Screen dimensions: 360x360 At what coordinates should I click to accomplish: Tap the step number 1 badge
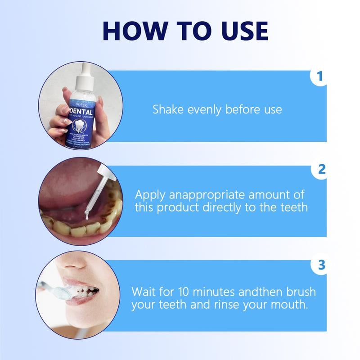tap(319, 76)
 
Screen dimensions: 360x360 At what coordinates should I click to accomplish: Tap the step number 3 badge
tap(321, 265)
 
